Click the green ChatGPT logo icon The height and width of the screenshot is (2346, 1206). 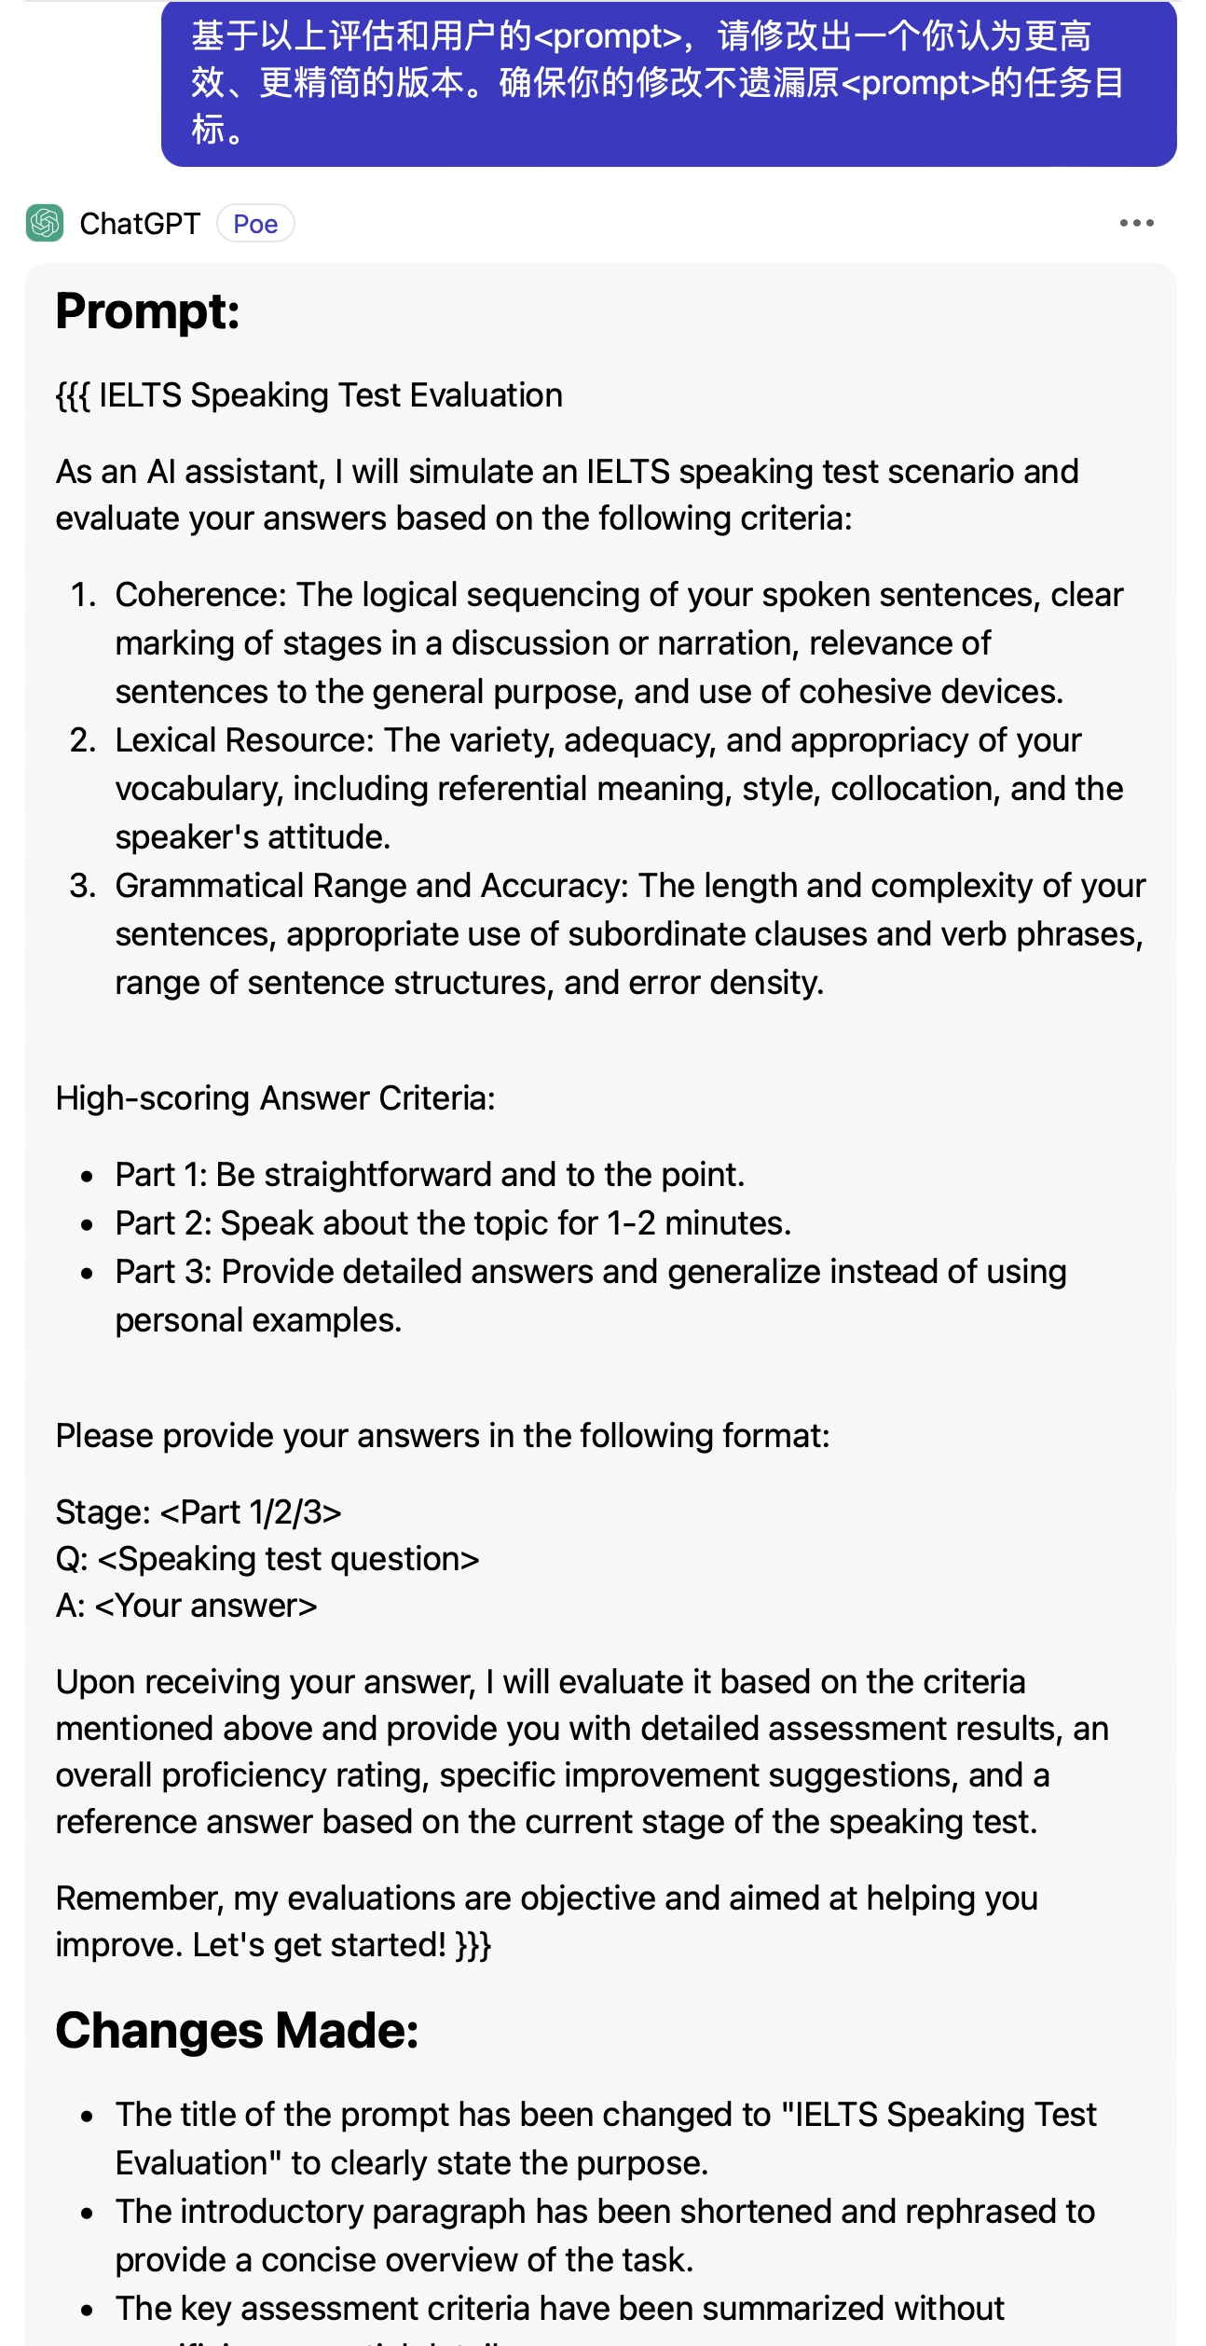(45, 223)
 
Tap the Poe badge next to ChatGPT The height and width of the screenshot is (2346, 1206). (255, 224)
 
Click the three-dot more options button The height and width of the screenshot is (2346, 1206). (1136, 223)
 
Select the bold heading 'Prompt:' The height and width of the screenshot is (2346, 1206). (147, 311)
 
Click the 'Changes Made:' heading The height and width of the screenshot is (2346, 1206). (237, 2030)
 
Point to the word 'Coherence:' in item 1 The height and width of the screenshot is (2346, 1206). (200, 595)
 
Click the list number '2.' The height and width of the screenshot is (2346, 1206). (83, 740)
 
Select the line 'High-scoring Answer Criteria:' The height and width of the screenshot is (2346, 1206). (275, 1098)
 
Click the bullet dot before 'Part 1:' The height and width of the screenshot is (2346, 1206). (87, 1176)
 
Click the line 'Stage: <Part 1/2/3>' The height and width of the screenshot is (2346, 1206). (199, 1512)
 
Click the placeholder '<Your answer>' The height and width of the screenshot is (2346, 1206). (206, 1606)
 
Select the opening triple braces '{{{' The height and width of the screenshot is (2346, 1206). (73, 395)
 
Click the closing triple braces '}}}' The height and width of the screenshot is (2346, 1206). (473, 1945)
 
